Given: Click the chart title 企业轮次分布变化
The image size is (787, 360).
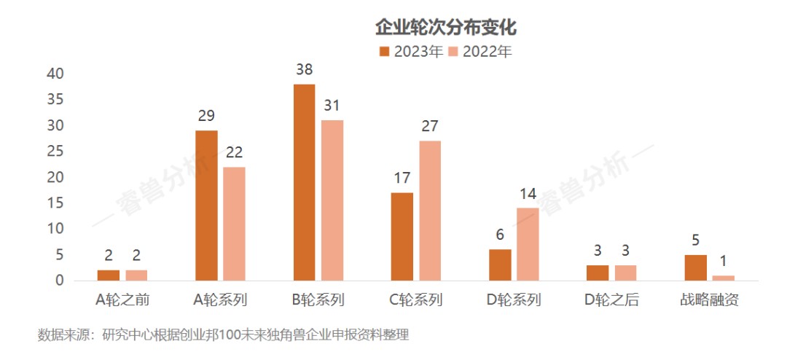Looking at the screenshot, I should [445, 28].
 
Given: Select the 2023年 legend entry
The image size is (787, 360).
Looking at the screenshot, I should [411, 52].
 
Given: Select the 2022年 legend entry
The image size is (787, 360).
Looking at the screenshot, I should [480, 52].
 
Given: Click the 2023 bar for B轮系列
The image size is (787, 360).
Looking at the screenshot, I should [304, 182].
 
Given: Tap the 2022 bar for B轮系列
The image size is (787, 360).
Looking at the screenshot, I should [332, 200].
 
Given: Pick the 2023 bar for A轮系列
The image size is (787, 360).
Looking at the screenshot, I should [206, 206].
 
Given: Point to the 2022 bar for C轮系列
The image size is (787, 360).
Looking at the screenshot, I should [430, 211].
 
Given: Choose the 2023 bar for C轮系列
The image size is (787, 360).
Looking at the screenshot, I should [402, 237].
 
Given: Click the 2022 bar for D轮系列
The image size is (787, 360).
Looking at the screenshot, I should [528, 244].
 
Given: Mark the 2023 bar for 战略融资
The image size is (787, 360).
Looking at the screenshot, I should [696, 267].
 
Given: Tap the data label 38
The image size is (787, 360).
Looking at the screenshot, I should [305, 71].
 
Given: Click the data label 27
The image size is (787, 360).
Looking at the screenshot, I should [430, 127].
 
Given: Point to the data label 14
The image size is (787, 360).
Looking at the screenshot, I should [528, 194].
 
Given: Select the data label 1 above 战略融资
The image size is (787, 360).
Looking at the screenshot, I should [724, 262].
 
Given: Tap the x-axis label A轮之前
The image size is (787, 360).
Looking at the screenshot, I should [122, 300].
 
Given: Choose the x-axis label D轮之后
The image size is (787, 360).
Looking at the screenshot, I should [611, 300].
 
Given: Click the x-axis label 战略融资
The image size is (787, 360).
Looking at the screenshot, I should [710, 300].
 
